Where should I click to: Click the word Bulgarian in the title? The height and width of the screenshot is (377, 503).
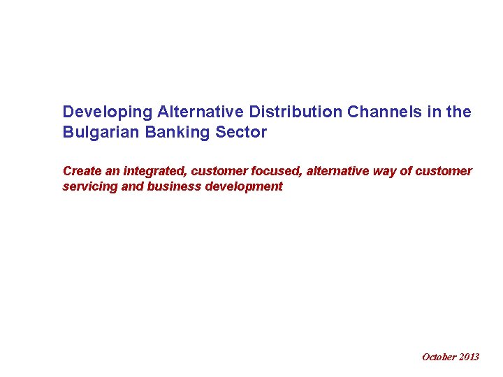(x=100, y=132)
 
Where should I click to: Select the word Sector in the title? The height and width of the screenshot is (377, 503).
(x=242, y=132)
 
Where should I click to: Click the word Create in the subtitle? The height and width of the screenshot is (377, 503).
(x=82, y=171)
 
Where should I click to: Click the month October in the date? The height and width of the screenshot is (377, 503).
(x=439, y=357)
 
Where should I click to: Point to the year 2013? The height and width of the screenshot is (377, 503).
(x=469, y=357)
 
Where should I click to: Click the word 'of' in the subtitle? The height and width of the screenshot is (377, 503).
(x=405, y=171)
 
